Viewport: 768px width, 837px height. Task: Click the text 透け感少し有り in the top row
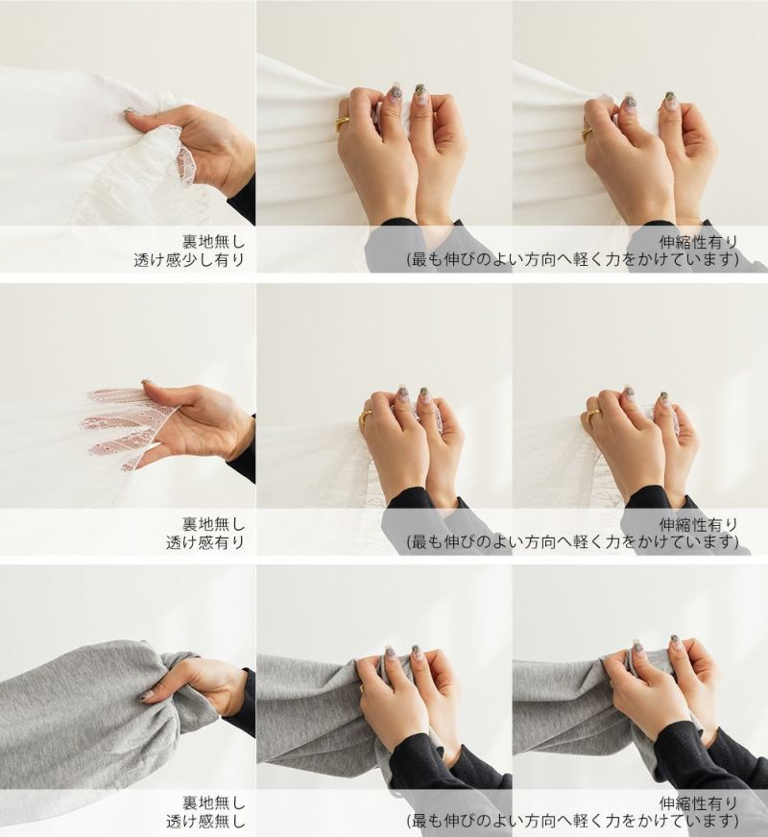coord(189,260)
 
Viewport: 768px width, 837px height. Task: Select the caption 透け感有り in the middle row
coord(204,542)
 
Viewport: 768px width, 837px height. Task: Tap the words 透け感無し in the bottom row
coord(204,821)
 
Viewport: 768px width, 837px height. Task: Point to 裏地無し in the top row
coord(213,242)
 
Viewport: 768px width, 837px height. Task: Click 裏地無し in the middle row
coord(213,524)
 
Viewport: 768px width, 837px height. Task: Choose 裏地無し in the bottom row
coord(213,802)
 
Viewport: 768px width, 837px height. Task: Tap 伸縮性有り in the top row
coord(699,242)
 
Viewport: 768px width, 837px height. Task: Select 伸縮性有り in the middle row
coord(699,524)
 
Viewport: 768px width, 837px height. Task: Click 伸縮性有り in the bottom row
coord(699,802)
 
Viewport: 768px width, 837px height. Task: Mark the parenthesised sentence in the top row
coord(573,260)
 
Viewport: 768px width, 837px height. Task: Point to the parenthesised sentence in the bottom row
coord(573,821)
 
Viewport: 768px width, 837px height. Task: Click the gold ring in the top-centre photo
coord(343,125)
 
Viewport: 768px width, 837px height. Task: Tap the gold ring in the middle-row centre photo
coord(367,416)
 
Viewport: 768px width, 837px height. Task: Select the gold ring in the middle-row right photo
coord(593,416)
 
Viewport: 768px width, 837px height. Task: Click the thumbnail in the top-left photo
coord(130,112)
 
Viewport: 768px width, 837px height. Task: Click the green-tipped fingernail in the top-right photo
coord(670,101)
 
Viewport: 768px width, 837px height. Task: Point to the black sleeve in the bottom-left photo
coord(240,702)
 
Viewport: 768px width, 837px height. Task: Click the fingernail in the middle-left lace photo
coord(145,382)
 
